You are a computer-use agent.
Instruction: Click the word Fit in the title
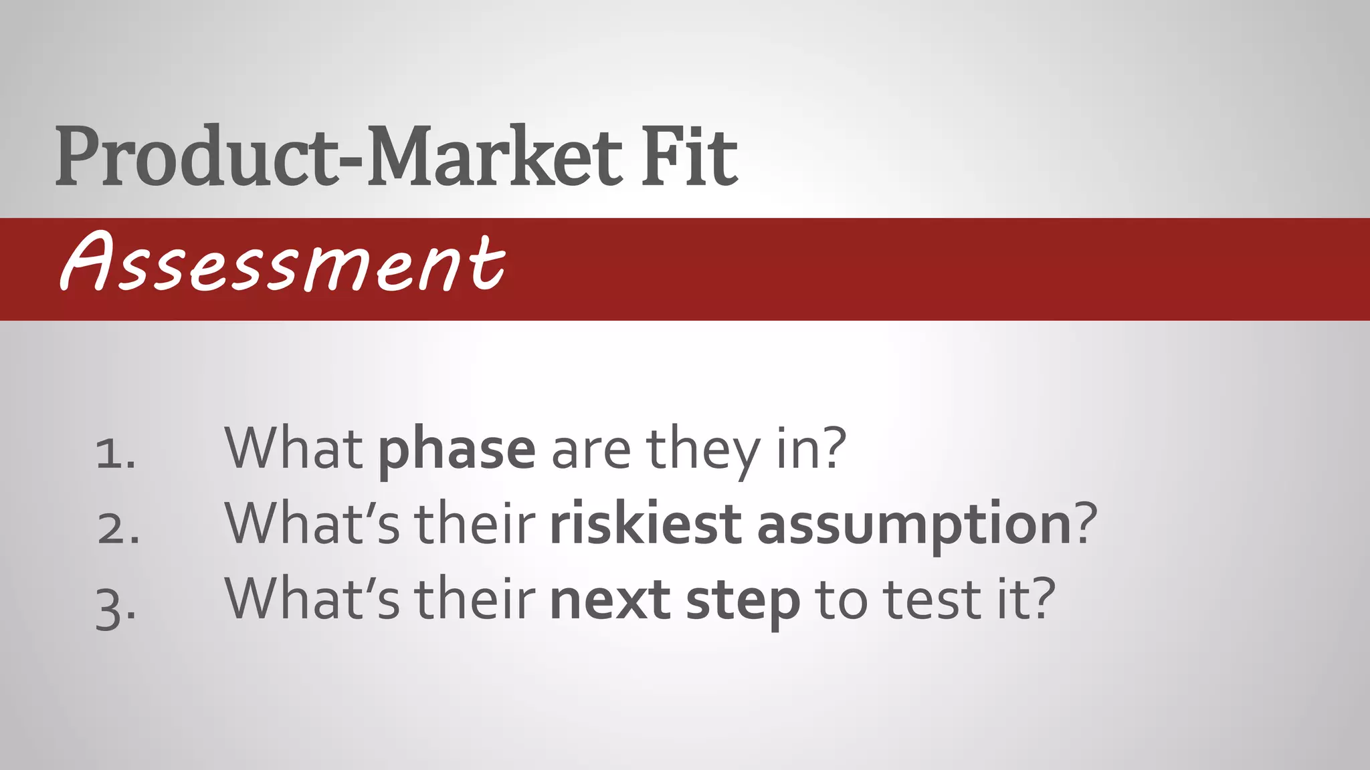pos(689,156)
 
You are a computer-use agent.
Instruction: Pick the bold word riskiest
pos(645,524)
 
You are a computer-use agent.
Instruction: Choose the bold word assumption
pos(914,525)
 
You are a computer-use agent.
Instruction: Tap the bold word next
pos(609,600)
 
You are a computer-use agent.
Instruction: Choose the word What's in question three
pos(312,599)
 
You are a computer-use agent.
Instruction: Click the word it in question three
pos(1011,599)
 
